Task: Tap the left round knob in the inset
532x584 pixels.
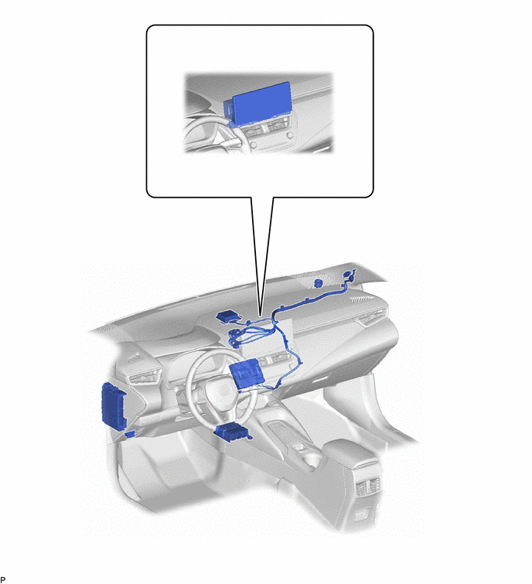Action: coord(253,144)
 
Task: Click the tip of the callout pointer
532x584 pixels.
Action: coord(261,317)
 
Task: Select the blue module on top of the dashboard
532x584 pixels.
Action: coord(228,318)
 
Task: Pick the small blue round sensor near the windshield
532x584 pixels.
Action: coord(319,283)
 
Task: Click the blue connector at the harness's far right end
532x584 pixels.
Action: coord(349,276)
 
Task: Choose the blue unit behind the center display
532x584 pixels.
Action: coord(247,375)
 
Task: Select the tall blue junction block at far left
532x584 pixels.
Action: coord(114,406)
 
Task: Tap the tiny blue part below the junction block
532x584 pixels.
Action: coord(130,434)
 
